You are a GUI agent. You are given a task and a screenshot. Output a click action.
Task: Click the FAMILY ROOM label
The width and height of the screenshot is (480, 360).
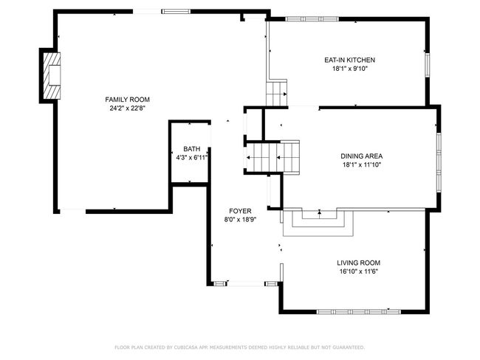(x=127, y=100)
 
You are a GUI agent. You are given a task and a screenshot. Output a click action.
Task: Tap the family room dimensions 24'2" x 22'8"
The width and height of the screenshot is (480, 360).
(x=127, y=108)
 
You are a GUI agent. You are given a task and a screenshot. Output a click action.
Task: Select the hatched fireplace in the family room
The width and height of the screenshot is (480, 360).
(x=52, y=76)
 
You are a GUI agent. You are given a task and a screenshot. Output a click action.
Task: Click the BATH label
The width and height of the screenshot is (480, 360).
(x=192, y=149)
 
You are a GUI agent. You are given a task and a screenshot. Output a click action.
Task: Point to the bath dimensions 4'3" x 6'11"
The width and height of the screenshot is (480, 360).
(x=192, y=158)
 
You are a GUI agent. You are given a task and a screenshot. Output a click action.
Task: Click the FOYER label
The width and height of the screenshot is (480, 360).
(x=240, y=211)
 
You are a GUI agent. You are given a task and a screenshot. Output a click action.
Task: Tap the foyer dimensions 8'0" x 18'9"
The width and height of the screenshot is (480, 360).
(x=240, y=219)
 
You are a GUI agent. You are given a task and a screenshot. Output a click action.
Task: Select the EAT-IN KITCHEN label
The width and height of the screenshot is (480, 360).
(x=349, y=60)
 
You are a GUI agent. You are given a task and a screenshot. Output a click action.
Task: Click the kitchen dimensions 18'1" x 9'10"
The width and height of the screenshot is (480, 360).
(x=349, y=69)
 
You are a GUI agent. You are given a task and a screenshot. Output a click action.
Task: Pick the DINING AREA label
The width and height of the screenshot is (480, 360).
(x=362, y=156)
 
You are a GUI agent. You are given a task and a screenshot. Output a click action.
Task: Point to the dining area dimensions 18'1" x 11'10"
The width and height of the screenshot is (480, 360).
(x=362, y=165)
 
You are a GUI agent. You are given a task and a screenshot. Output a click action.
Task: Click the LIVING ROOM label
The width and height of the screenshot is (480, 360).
(x=359, y=263)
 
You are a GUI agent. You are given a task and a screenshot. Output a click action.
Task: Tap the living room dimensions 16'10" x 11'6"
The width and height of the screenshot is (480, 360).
(x=359, y=271)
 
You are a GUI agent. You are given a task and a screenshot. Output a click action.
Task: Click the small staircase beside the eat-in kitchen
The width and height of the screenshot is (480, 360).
(x=276, y=93)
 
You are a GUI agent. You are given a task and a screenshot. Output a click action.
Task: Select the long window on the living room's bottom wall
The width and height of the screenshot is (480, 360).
(x=358, y=311)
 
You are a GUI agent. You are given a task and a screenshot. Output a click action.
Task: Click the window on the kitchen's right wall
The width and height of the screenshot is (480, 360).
(x=428, y=66)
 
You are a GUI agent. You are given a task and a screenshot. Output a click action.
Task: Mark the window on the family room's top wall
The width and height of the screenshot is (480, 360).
(x=176, y=12)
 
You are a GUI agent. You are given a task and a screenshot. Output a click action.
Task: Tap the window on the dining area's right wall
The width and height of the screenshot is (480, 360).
(x=439, y=162)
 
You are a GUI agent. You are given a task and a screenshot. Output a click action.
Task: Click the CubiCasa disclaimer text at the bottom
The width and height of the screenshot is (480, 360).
(x=240, y=347)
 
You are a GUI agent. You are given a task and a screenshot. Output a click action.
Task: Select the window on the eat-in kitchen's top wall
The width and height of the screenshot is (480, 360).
(x=312, y=19)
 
